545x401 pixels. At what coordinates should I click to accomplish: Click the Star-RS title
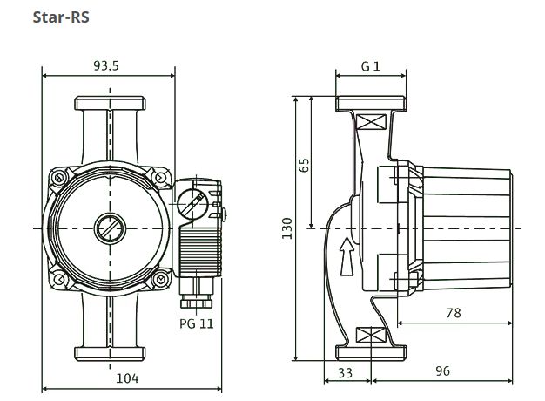tap(61, 17)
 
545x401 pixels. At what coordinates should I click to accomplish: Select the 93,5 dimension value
tap(106, 65)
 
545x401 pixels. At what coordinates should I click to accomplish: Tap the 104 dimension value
tap(127, 378)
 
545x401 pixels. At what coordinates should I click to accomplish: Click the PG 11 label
tap(197, 323)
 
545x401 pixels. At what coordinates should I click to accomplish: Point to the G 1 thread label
tap(371, 66)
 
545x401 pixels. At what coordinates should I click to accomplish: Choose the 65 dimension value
tap(304, 165)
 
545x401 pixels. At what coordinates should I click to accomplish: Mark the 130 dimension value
tap(287, 228)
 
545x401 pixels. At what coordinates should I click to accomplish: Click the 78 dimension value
tap(454, 313)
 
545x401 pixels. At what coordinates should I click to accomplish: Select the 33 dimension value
tap(345, 372)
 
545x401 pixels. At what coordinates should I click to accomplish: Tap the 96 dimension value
tap(442, 371)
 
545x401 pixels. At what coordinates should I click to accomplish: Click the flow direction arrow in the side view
tap(347, 257)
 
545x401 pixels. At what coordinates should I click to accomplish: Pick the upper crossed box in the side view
tap(372, 122)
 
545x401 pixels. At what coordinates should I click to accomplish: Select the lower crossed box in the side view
tap(372, 335)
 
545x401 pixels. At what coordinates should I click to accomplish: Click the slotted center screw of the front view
tap(110, 228)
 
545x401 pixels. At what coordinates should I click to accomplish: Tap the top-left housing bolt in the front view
tap(59, 178)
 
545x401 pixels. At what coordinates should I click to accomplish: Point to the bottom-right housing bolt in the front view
tap(160, 278)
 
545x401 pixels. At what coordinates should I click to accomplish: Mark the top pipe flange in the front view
tap(110, 104)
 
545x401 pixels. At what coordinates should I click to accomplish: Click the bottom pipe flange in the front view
tap(110, 353)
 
